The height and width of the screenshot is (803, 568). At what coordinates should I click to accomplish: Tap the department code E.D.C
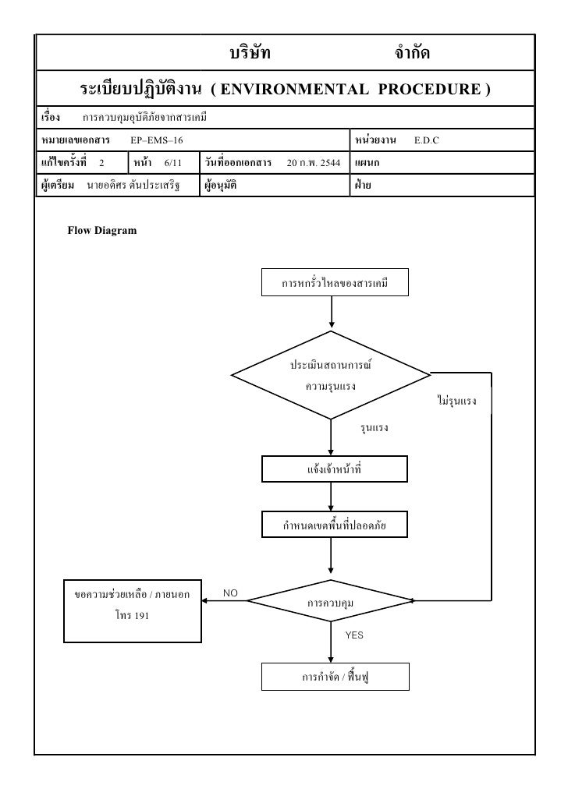(x=427, y=139)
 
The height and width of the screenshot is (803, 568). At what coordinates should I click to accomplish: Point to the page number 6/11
(x=172, y=163)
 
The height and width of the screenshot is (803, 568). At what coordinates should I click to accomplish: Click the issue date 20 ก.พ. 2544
(x=313, y=163)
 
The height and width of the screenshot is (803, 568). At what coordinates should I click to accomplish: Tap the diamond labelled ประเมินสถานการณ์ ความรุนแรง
(x=331, y=375)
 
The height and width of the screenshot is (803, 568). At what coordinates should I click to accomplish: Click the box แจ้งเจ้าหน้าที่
(x=334, y=469)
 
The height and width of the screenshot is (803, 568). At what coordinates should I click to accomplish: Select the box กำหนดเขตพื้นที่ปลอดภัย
(x=334, y=527)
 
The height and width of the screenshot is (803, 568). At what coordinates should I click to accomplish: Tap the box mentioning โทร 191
(x=133, y=609)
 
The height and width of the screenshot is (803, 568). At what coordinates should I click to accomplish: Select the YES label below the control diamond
(x=354, y=635)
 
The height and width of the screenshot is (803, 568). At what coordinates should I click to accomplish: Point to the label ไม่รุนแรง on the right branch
(x=457, y=401)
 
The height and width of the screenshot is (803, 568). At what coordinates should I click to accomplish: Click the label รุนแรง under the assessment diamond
(x=374, y=429)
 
